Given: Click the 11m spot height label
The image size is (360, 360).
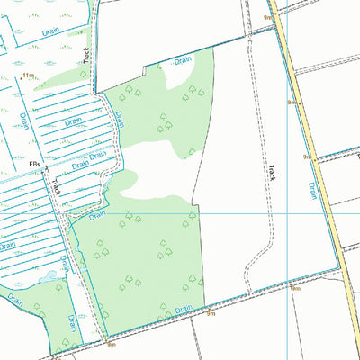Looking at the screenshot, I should tap(28, 76).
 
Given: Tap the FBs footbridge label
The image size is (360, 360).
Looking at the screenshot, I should tap(35, 164).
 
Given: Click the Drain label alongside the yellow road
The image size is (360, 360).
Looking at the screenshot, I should tap(312, 190).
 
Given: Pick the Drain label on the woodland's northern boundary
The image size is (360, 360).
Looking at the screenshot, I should tap(183, 60).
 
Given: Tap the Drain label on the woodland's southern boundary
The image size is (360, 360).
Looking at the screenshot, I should tap(184, 309).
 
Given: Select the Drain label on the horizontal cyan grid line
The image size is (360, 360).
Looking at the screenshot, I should tap(98, 214).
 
